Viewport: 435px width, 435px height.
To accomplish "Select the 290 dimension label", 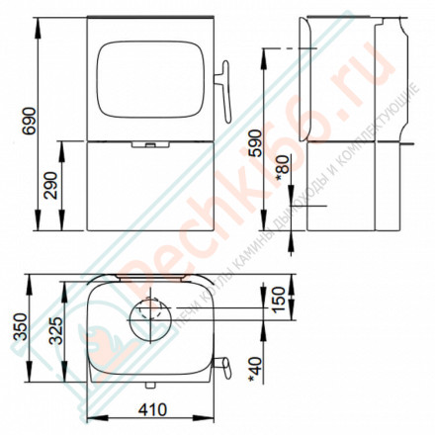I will coord(50,185).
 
